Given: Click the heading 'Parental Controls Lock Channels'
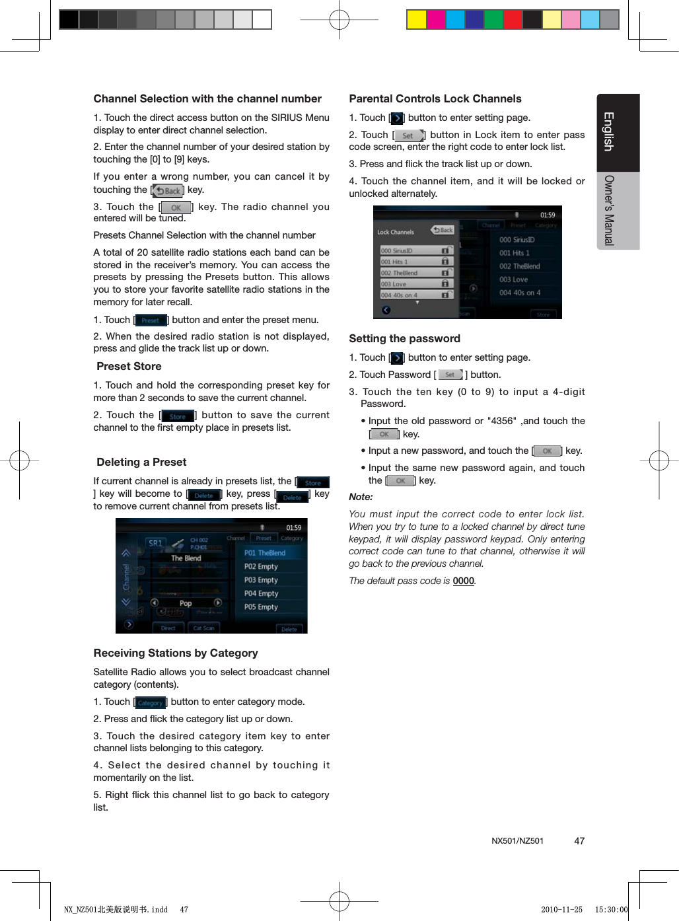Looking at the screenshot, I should click(x=435, y=99).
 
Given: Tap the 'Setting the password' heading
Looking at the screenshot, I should click(x=404, y=339).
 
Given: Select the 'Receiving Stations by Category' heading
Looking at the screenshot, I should click(x=176, y=653).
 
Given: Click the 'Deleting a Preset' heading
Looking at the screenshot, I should click(x=141, y=462).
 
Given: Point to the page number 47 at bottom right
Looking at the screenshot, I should click(x=579, y=841).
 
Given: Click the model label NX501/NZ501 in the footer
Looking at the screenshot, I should click(x=517, y=841).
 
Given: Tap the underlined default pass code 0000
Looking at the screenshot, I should click(x=463, y=581).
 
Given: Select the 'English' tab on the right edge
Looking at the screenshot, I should click(x=609, y=131).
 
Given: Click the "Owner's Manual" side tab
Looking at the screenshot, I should click(x=609, y=210).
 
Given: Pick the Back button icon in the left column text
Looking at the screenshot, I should click(x=168, y=191).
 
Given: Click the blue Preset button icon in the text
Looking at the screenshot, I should click(x=151, y=320).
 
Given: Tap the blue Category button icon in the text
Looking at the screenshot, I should click(x=150, y=703).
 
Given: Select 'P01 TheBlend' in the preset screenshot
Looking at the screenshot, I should click(x=265, y=553).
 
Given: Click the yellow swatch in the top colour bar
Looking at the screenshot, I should click(x=416, y=20).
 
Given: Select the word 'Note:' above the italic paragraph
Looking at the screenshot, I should click(x=361, y=497).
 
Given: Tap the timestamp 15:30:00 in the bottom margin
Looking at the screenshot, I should click(x=611, y=910).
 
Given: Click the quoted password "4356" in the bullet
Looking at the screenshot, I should click(x=501, y=422).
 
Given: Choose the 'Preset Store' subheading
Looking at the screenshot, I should click(x=129, y=367).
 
